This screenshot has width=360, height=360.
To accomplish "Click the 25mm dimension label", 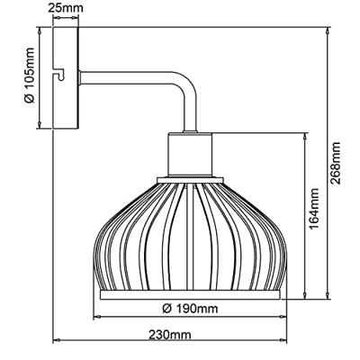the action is coord(66,8).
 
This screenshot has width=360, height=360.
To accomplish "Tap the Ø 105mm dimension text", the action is coord(30,76).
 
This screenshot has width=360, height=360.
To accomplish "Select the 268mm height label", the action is coord(335,163).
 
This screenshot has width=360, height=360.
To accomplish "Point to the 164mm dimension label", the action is coord(314,208).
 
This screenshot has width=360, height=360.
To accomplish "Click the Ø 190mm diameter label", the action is coord(190,308).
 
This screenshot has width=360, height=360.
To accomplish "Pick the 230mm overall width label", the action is coord(169,334).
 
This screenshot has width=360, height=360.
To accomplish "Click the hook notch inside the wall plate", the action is coord(60,75).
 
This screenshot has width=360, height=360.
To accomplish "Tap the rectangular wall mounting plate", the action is coord(66,78).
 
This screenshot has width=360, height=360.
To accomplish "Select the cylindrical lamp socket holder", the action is coord(190,155).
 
